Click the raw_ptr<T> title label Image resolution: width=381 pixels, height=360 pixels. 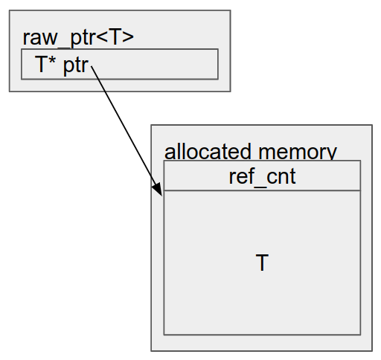tap(78, 38)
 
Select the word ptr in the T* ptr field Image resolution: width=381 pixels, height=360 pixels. tap(76, 65)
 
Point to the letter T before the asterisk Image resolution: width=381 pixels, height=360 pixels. tap(41, 64)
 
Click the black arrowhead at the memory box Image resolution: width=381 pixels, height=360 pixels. tap(157, 190)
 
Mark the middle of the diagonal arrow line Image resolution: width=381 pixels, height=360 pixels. tap(127, 131)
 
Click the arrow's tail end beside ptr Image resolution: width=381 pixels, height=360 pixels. tap(92, 66)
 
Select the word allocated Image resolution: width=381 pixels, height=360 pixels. tap(208, 151)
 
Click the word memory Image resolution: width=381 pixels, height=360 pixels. tap(298, 152)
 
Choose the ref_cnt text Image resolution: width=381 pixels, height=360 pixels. tap(262, 176)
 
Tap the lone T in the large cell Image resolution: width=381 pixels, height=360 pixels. tap(262, 263)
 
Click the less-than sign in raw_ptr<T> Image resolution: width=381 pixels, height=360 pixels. tap(102, 38)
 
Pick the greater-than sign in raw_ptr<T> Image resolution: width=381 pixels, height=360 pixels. tap(128, 38)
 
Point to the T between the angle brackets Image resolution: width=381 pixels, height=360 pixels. tap(115, 37)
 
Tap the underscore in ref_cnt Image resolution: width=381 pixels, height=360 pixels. tap(260, 186)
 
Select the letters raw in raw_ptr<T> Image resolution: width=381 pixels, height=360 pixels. tap(40, 39)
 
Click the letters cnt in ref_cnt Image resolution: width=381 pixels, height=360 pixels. tap(281, 176)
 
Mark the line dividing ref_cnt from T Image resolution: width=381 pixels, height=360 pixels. tap(262, 190)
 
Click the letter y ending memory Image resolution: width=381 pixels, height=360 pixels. tap(333, 154)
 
